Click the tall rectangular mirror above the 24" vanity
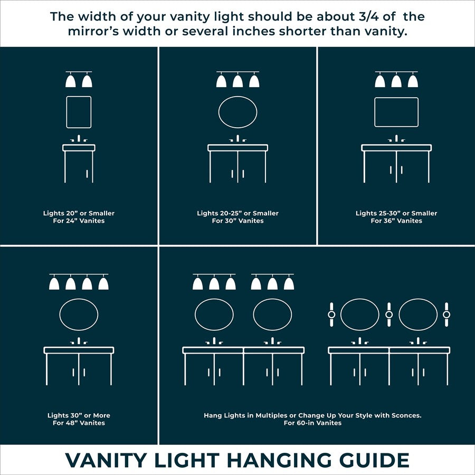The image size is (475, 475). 79,112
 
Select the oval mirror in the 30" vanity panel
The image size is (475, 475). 237,112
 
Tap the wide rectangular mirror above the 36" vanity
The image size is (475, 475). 396,112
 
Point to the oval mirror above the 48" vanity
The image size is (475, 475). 79,315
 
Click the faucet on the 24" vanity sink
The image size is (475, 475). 79,139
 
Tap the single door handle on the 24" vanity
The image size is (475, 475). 86,173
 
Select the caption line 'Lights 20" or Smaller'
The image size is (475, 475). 79,213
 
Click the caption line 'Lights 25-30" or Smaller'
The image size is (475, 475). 396,213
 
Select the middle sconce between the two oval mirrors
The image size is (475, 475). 389,315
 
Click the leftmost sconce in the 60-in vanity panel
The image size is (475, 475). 331,315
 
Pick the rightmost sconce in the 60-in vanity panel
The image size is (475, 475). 446,315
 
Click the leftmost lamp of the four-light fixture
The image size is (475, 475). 54,283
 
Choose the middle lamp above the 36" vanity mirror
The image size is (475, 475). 396,81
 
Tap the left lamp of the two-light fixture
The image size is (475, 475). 71,81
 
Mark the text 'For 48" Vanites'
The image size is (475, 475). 79,423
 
